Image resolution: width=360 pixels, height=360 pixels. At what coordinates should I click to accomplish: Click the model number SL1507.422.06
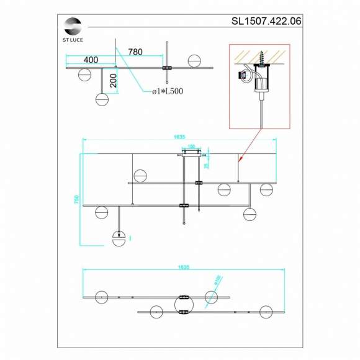coord(266,20)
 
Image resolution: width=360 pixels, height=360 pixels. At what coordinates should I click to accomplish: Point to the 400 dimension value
coord(91,60)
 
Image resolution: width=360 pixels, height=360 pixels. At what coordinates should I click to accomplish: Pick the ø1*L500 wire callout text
coord(168,92)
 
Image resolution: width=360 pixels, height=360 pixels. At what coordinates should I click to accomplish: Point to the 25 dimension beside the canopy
coord(207,164)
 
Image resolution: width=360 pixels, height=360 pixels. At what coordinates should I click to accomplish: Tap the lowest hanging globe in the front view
coord(118,238)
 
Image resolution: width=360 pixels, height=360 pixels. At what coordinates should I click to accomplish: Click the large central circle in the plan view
coord(184,304)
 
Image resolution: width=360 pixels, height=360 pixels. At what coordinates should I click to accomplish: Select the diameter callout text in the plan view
coord(217,281)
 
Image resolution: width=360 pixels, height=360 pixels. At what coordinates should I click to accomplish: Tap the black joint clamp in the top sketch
coord(166,68)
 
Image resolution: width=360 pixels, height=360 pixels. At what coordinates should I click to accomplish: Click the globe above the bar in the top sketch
coord(195,61)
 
